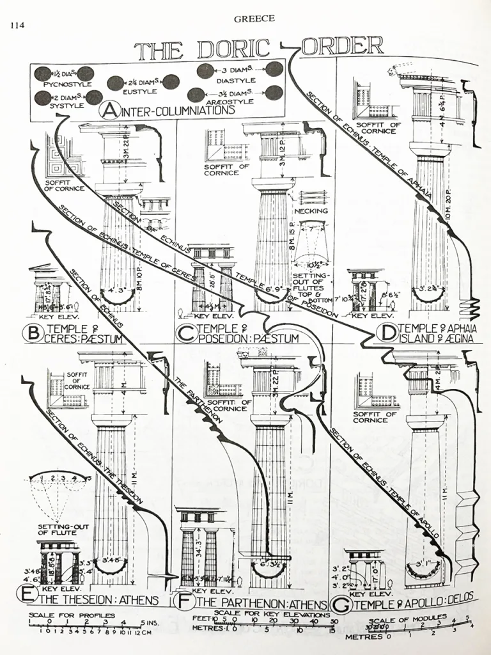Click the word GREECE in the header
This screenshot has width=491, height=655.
click(x=254, y=19)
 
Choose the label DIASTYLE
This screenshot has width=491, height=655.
click(x=236, y=81)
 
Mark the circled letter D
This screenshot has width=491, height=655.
click(x=386, y=332)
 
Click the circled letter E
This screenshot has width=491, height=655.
click(x=27, y=598)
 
